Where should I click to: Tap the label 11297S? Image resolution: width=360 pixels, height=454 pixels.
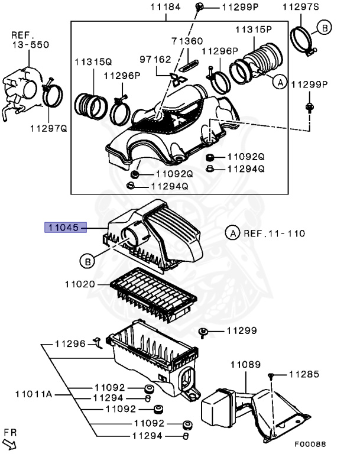click(x=301, y=7)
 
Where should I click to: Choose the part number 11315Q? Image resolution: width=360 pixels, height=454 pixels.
click(x=93, y=61)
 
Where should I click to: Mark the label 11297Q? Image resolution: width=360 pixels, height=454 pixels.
click(x=50, y=127)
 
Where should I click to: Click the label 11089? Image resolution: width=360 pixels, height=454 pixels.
click(x=245, y=365)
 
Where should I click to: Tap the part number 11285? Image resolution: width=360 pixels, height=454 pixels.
click(x=304, y=374)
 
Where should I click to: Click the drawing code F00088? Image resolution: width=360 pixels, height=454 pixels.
click(x=310, y=443)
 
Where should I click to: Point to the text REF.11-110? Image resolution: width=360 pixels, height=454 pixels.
click(x=275, y=234)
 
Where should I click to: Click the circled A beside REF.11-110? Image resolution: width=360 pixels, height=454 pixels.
click(x=232, y=234)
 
